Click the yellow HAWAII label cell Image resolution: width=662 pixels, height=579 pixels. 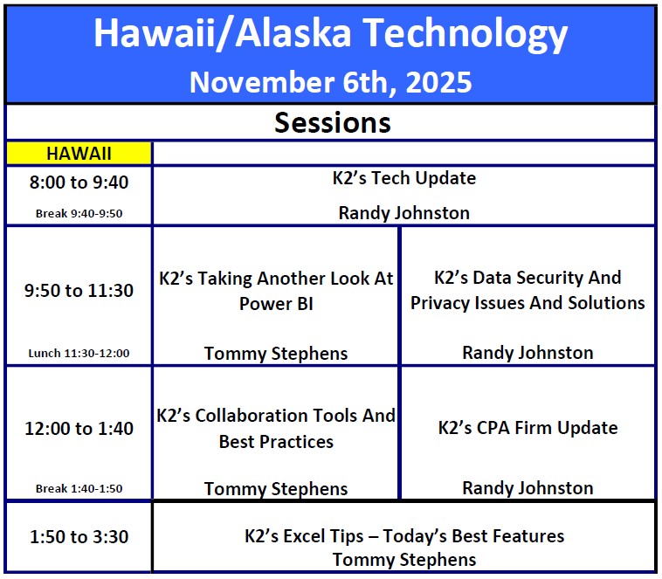79,153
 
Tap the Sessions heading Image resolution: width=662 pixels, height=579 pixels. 333,123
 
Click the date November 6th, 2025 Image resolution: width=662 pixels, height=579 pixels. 331,82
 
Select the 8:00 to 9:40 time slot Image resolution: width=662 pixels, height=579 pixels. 79,183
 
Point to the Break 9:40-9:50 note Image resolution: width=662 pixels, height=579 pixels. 79,214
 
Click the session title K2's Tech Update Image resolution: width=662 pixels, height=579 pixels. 404,178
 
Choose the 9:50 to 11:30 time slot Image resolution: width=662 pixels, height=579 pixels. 79,291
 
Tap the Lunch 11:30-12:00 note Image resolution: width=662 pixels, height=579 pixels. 79,353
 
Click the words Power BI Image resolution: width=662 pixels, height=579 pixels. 276,304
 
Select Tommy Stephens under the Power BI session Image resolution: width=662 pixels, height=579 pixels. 276,354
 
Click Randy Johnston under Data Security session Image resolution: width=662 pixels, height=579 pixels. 528,353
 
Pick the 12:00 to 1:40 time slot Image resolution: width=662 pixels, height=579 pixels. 79,428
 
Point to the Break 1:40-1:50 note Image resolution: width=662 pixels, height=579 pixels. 79,489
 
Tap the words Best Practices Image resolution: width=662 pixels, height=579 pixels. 276,442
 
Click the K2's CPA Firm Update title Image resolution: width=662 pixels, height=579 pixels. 528,428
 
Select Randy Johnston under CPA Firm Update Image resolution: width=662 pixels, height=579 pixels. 528,488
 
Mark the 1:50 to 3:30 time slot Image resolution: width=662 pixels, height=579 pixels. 79,537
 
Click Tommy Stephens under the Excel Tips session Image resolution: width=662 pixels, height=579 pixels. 404,560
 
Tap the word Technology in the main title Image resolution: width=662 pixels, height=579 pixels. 465,34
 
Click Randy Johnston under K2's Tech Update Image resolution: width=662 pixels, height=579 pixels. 404,213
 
